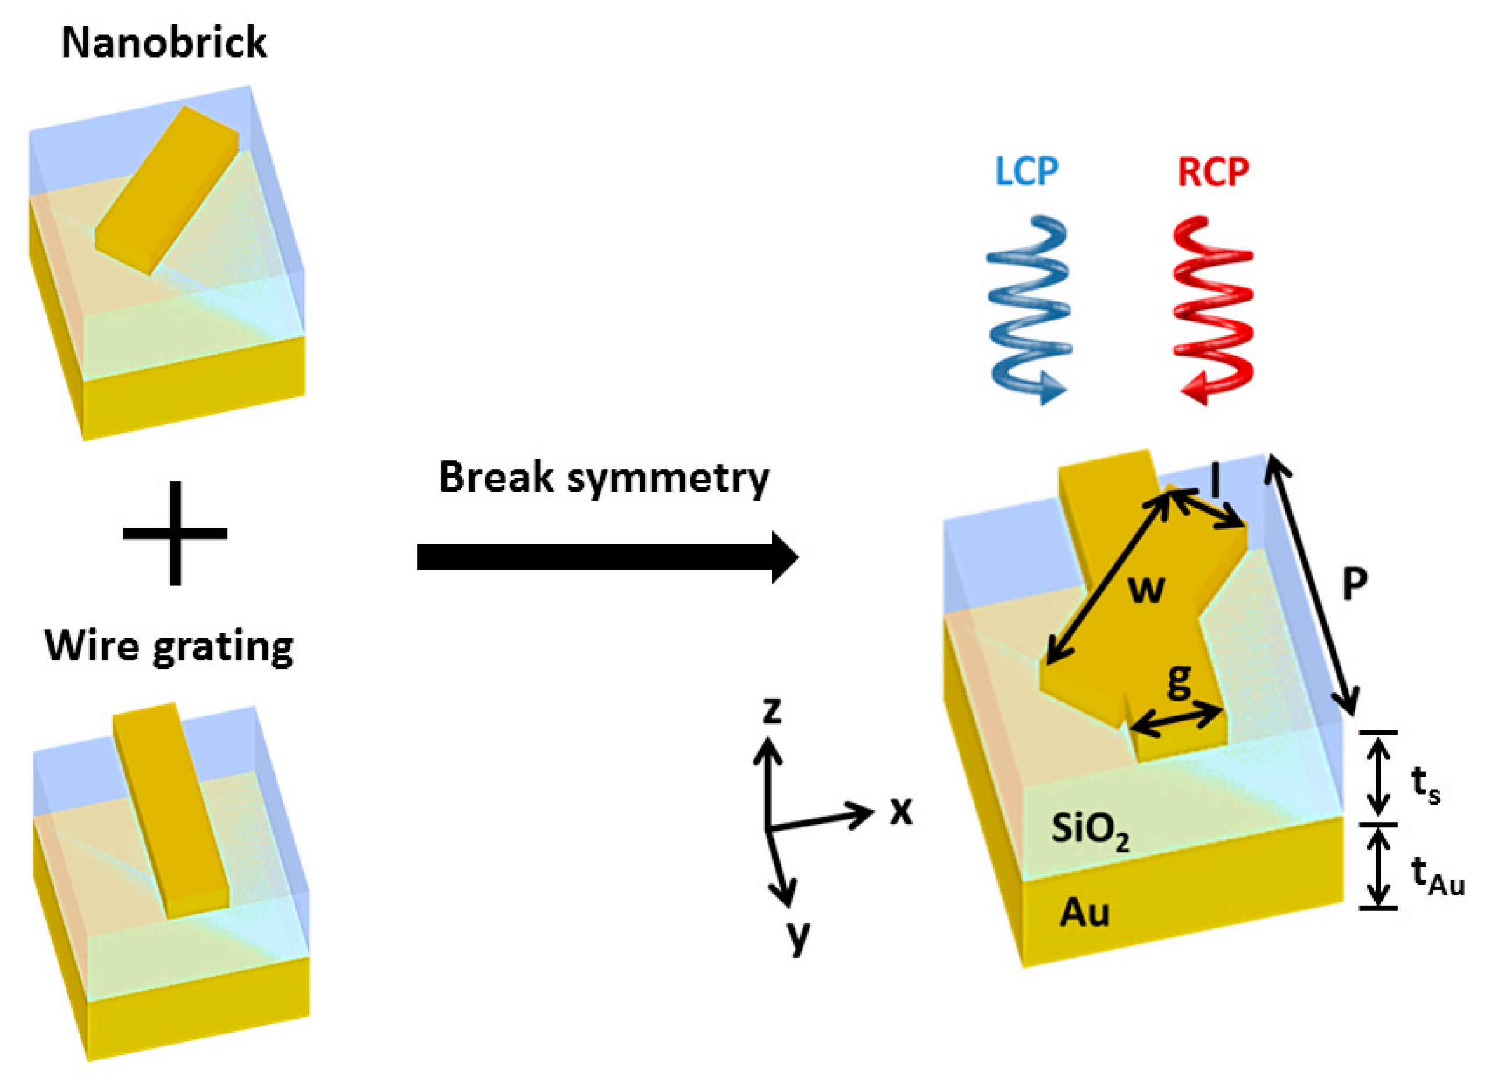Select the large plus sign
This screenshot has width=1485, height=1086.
coord(175,533)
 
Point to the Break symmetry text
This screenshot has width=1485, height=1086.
coord(603,478)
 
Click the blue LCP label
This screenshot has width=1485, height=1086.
coord(1027,172)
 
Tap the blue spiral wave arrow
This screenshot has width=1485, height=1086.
coord(1027,309)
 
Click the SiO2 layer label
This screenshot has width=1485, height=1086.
coord(1089,831)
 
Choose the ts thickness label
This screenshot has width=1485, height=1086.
coord(1425,786)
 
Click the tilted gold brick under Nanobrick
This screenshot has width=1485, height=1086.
coord(168,191)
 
